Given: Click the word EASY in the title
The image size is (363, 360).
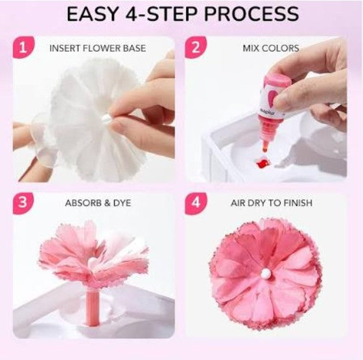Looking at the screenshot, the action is (93, 14).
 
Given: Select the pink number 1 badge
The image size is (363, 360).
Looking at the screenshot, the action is (23, 47).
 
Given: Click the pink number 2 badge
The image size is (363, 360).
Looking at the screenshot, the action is (196, 47).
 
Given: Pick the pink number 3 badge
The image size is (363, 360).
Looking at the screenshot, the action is (23, 203).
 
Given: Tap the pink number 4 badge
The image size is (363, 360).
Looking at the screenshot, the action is (196, 203).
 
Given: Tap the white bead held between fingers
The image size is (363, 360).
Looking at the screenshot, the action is (106, 119).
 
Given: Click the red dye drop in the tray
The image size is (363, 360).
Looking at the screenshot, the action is (263, 163).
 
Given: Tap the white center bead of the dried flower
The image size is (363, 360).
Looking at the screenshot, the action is (266, 274).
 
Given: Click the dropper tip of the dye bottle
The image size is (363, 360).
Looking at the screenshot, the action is (265, 148).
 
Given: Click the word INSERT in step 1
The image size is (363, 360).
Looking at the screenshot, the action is (65, 49).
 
